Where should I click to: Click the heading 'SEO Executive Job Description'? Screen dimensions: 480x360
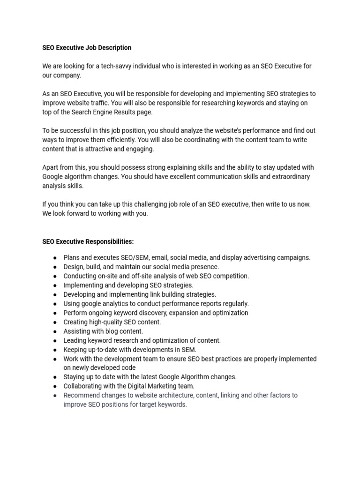(x=87, y=48)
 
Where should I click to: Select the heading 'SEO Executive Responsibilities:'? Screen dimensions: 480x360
(x=88, y=241)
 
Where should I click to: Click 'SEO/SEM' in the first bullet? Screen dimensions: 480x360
(x=135, y=257)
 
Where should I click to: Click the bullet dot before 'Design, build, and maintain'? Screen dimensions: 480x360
(x=55, y=267)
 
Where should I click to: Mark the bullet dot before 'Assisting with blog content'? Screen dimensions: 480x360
(x=55, y=331)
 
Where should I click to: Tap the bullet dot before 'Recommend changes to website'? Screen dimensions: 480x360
(x=55, y=395)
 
